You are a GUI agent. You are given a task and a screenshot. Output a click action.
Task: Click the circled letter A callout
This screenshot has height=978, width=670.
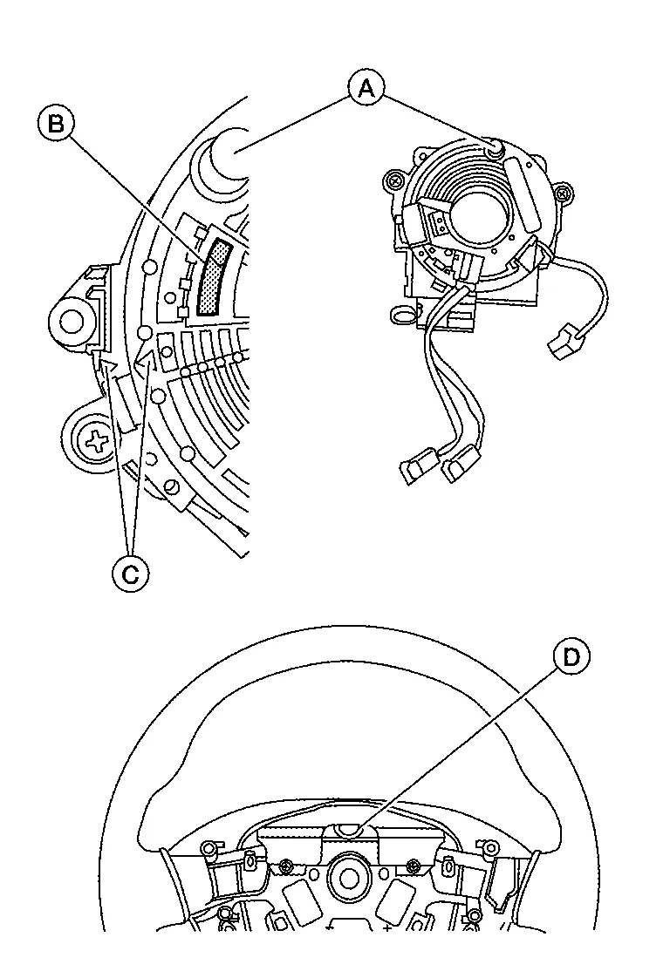pyautogui.click(x=366, y=89)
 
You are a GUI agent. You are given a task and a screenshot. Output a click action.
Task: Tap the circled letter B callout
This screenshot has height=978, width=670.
pyautogui.click(x=56, y=124)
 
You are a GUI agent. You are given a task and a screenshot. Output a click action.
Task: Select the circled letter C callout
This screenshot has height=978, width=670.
pyautogui.click(x=131, y=574)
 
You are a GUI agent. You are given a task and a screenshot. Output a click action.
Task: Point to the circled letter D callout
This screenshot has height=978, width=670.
pyautogui.click(x=571, y=657)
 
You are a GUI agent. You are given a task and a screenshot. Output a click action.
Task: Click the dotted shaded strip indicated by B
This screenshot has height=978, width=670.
pyautogui.click(x=215, y=276)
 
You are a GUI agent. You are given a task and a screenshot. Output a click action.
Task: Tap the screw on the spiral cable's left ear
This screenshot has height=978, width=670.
pyautogui.click(x=393, y=181)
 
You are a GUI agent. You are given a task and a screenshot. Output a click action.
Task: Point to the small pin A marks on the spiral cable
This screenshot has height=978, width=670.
pyautogui.click(x=496, y=149)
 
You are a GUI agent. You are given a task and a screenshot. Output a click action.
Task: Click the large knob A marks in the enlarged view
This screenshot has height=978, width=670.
pyautogui.click(x=232, y=150)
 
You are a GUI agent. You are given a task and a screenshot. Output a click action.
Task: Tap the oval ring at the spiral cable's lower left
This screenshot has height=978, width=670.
pyautogui.click(x=400, y=316)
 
